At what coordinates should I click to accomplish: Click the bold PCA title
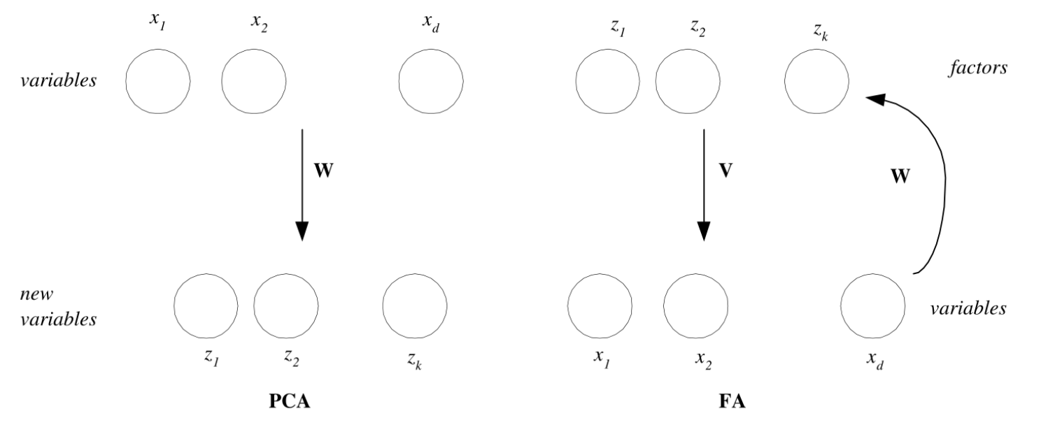coord(289,404)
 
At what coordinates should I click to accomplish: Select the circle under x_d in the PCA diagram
coord(430,81)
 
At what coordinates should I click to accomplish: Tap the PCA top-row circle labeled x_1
coord(157,81)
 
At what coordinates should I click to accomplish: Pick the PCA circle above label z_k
coord(415,305)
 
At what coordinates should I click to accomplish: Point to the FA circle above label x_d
coord(872,305)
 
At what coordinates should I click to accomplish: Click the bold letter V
coord(725,171)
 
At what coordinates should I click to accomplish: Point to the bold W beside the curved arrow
coord(900,176)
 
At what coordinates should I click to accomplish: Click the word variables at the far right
coord(968,308)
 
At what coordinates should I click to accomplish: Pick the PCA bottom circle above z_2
coord(285,305)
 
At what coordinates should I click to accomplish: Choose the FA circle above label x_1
coord(600,305)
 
